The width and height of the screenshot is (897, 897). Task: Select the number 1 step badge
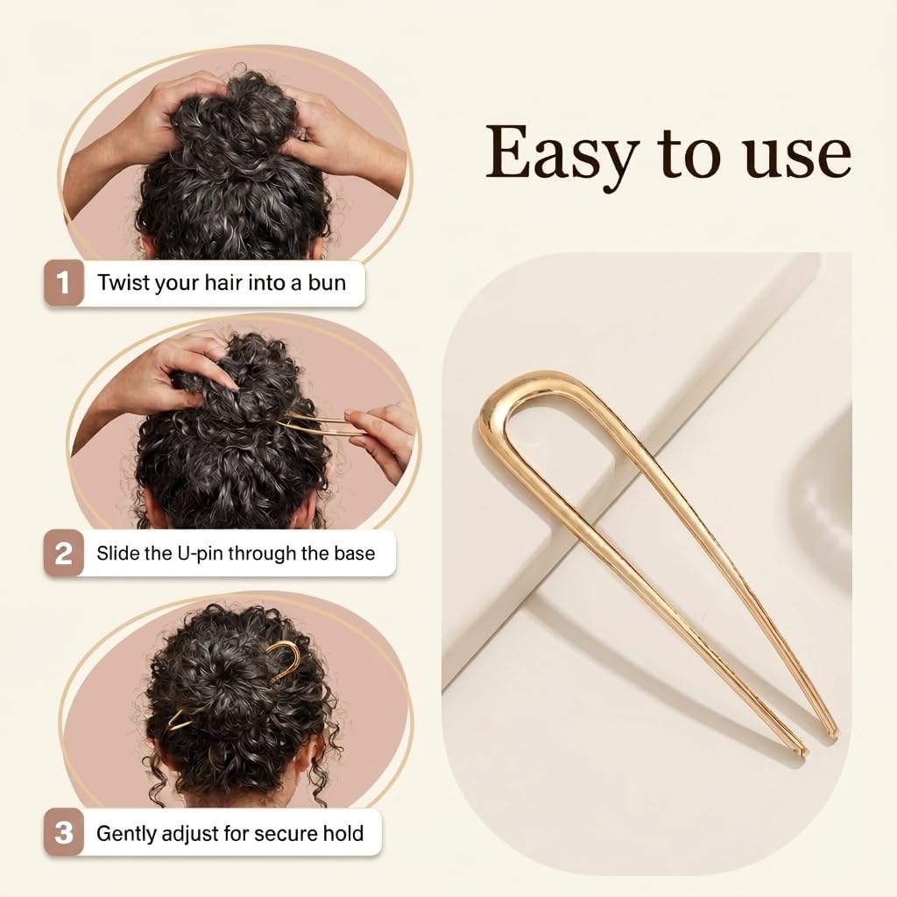pyautogui.click(x=63, y=283)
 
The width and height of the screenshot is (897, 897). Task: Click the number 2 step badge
pyautogui.click(x=63, y=554)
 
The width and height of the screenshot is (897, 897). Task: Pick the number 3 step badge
pyautogui.click(x=63, y=833)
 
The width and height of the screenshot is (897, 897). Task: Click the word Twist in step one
pyautogui.click(x=124, y=283)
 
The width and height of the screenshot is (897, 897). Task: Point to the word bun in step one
pyautogui.click(x=328, y=283)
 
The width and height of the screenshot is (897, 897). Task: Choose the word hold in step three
pyautogui.click(x=343, y=833)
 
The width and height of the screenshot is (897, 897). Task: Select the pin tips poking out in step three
pyautogui.click(x=179, y=722)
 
